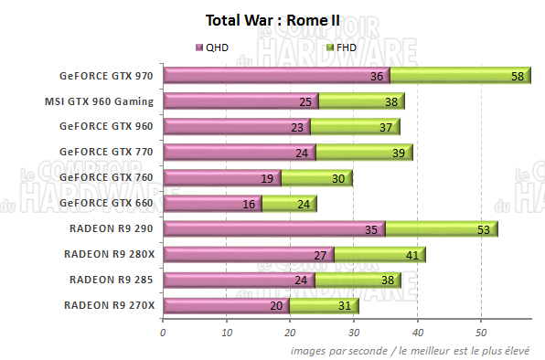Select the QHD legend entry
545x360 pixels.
coord(216,47)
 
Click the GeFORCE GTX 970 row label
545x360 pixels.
coord(106,76)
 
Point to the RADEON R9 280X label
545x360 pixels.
coord(109,254)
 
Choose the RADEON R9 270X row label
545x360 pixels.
coord(109,305)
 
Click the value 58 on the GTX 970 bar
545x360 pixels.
coord(518,77)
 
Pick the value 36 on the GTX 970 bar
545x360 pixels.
coord(377,77)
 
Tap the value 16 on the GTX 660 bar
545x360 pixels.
coord(249,205)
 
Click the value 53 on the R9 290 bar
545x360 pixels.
coord(484,230)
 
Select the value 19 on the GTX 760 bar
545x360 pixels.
coord(267,179)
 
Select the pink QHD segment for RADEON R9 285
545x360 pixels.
coord(238,281)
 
